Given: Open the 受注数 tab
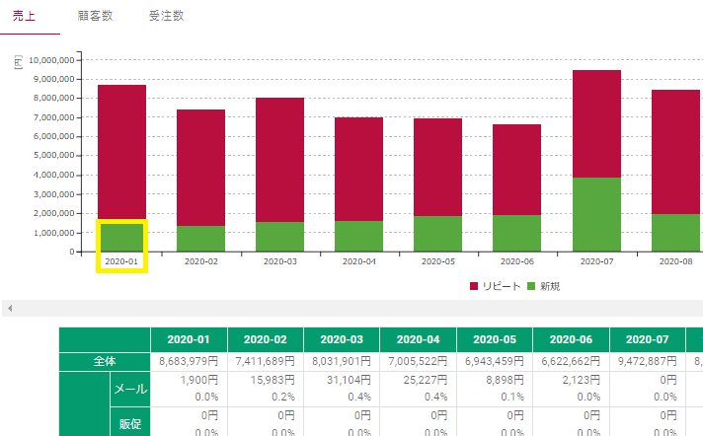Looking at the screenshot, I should click(x=166, y=17).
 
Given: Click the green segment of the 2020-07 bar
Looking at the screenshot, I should click(x=596, y=214).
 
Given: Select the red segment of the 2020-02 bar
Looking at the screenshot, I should click(x=200, y=168).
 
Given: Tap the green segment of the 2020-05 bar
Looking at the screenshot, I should click(x=437, y=234).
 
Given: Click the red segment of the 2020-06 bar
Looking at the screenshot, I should click(x=516, y=170).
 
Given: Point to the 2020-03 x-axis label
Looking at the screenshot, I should click(x=279, y=261).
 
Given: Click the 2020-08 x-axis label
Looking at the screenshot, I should click(x=675, y=261).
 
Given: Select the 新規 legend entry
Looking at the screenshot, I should click(x=545, y=286).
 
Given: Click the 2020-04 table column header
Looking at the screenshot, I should click(x=418, y=339).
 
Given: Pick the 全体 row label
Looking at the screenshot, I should click(x=105, y=361).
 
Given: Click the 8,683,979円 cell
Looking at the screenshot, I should click(x=187, y=361).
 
